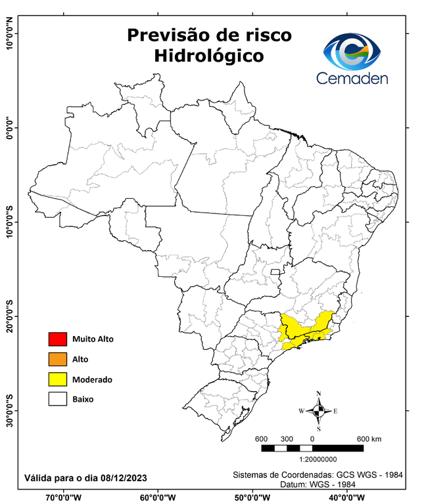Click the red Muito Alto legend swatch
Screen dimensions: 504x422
[x=57, y=339]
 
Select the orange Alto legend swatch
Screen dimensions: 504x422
[x=57, y=359]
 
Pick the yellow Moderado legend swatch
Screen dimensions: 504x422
[x=57, y=379]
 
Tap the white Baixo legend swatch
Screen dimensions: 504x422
[x=57, y=399]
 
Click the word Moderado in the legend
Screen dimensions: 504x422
[x=92, y=379]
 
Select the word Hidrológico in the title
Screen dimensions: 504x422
[x=209, y=56]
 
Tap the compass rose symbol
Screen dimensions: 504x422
[x=318, y=411]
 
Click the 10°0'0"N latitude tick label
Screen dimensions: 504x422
[x=9, y=33]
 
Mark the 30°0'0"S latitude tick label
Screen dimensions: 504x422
[x=9, y=410]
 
